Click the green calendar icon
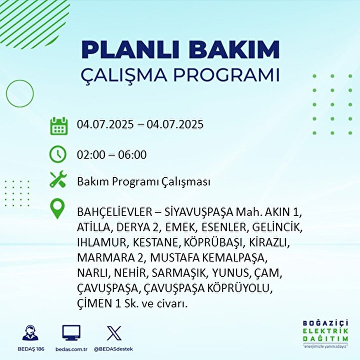click(x=59, y=126)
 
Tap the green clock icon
click(x=58, y=154)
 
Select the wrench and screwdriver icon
click(x=58, y=179)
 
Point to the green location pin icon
click(x=57, y=208)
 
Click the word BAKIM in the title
click(x=234, y=49)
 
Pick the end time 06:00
click(x=132, y=154)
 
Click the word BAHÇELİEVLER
click(x=114, y=212)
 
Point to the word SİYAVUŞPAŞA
click(x=199, y=212)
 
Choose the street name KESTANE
click(x=156, y=242)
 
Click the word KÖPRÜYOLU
click(x=240, y=288)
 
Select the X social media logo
click(x=114, y=333)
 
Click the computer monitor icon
click(x=71, y=332)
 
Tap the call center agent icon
click(x=30, y=332)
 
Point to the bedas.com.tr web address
click(x=71, y=349)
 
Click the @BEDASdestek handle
click(x=113, y=349)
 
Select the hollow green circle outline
click(x=6, y=93)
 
